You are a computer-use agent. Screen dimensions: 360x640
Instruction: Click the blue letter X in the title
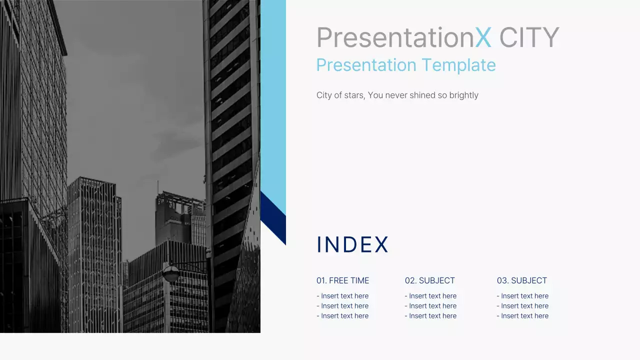pyautogui.click(x=483, y=37)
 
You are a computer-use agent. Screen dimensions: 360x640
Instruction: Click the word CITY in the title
pyautogui.click(x=529, y=37)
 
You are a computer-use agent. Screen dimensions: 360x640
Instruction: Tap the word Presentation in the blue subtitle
pyautogui.click(x=366, y=65)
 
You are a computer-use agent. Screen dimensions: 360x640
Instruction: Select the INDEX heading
pyautogui.click(x=352, y=244)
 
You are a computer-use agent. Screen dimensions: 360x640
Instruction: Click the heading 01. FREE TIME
pyautogui.click(x=342, y=280)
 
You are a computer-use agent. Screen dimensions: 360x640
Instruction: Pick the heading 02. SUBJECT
pyautogui.click(x=430, y=280)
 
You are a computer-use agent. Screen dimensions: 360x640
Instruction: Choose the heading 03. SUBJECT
pyautogui.click(x=522, y=280)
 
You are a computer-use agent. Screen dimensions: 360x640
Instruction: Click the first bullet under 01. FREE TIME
pyautogui.click(x=342, y=296)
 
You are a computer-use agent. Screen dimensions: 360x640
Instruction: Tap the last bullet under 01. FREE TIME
pyautogui.click(x=342, y=316)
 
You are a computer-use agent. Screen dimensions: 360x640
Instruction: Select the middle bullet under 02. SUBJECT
pyautogui.click(x=430, y=306)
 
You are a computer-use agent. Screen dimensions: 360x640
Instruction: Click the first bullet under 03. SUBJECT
pyautogui.click(x=522, y=296)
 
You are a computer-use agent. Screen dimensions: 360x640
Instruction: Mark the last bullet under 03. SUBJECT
pyautogui.click(x=522, y=316)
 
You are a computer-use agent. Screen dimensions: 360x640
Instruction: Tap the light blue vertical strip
pyautogui.click(x=273, y=100)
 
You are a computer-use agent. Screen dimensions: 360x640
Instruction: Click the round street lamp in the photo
pyautogui.click(x=170, y=273)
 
